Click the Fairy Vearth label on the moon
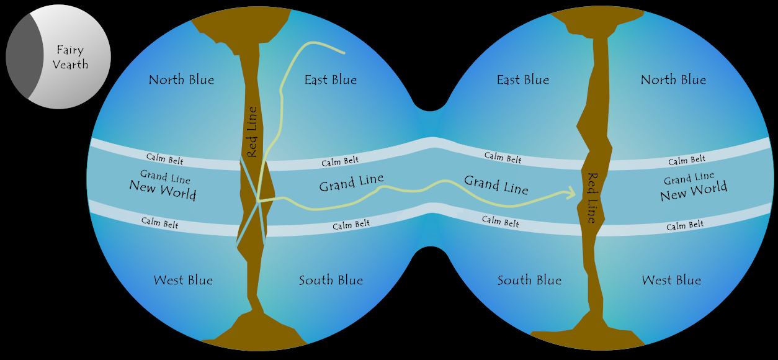[70, 57]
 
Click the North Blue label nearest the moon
[181, 79]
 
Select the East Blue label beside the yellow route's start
[331, 79]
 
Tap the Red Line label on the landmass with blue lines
[251, 132]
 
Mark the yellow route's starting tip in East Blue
[343, 53]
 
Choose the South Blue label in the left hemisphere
[331, 280]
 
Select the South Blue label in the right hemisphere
[529, 280]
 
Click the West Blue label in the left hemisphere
[183, 280]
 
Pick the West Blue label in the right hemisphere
[671, 280]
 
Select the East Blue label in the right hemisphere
[523, 79]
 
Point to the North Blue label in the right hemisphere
[673, 79]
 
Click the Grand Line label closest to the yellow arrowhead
[496, 184]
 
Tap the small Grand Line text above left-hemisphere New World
[165, 177]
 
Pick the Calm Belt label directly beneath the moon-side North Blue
[164, 158]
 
